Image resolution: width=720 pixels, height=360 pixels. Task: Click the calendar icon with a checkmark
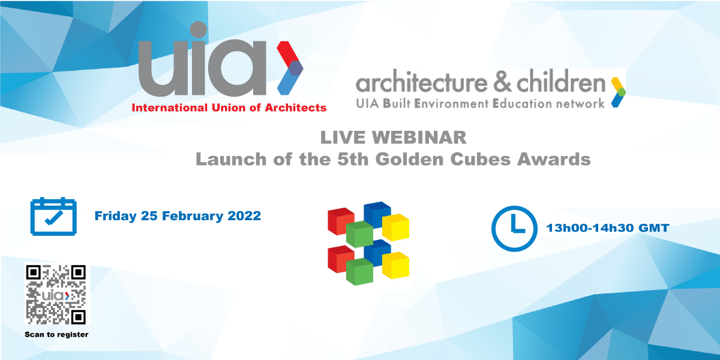point(53,217)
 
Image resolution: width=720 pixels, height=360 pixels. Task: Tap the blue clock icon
point(514,229)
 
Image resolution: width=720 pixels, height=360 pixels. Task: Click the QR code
point(56,295)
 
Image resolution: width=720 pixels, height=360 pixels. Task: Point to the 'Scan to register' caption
point(56,335)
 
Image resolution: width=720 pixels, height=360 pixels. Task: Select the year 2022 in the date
point(244,215)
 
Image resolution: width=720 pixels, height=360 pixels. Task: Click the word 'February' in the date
point(192,216)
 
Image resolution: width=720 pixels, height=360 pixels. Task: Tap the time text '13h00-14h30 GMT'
point(607,228)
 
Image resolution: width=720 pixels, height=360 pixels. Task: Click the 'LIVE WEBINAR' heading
point(393,137)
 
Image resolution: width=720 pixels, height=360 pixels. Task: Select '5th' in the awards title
point(353,159)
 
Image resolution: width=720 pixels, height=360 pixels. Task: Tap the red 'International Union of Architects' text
point(229,107)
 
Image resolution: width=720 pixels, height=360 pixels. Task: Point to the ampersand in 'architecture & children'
point(502,83)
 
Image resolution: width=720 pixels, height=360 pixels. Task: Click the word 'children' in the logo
point(561,83)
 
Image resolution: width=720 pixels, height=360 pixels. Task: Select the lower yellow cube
point(396,265)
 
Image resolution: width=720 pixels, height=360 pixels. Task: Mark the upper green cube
point(359,235)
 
